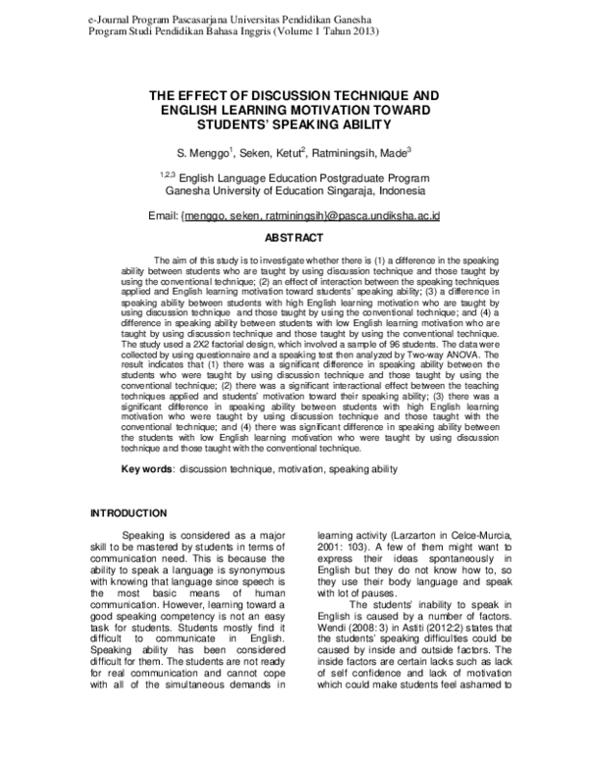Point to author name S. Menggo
pyautogui.click(x=203, y=153)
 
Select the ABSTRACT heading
pyautogui.click(x=294, y=239)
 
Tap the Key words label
pyautogui.click(x=147, y=469)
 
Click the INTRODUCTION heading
pyautogui.click(x=130, y=514)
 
